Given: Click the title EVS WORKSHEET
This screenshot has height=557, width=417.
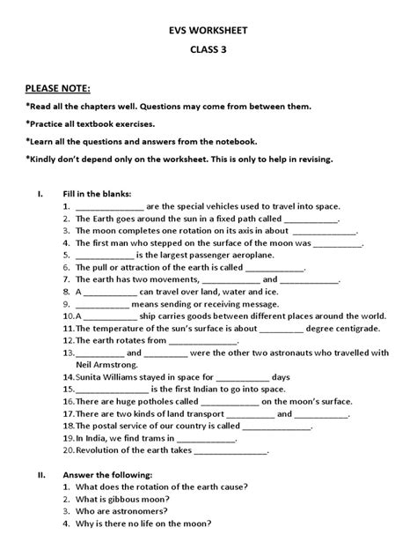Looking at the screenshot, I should tap(208, 29).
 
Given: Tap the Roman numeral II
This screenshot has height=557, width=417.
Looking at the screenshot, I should tap(40, 473).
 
